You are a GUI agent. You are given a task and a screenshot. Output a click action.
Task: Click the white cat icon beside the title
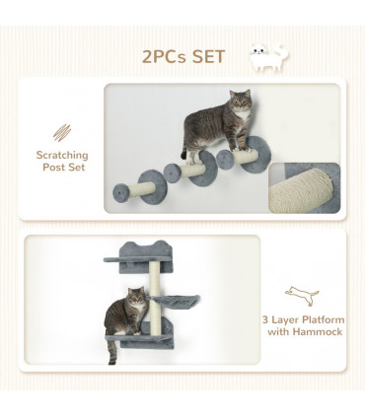267,56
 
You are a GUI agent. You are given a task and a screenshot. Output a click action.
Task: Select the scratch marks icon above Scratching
62,130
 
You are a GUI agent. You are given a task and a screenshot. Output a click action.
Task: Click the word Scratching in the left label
62,155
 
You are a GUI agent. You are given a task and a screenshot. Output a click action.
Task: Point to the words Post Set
62,168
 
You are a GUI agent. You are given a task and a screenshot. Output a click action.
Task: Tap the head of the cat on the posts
240,104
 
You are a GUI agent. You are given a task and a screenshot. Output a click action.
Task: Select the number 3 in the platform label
266,319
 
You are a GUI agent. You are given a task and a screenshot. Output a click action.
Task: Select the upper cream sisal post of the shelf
154,281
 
